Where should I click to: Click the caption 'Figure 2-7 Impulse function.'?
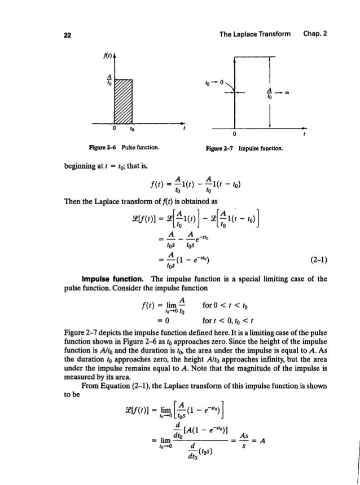244,149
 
